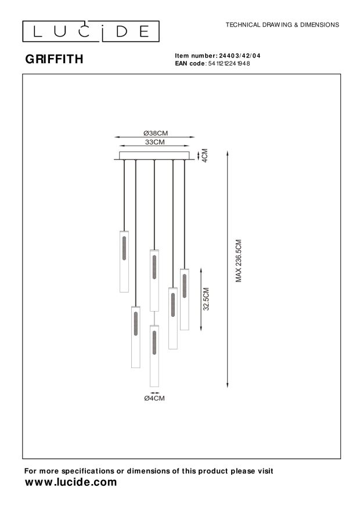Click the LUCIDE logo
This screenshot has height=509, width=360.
point(90,31)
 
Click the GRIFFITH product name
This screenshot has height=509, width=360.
point(53,59)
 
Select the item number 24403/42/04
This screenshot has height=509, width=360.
point(240,55)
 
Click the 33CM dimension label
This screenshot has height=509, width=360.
point(154,142)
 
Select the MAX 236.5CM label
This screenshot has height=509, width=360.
point(238,261)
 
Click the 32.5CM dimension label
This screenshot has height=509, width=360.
point(206,299)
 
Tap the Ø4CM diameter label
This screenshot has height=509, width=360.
point(154,399)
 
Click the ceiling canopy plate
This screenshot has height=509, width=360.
point(154,156)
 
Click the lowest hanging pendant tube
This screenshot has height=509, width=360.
point(154,355)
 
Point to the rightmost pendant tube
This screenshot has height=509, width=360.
point(185,299)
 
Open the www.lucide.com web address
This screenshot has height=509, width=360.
point(70,482)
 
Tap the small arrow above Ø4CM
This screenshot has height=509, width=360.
point(154,392)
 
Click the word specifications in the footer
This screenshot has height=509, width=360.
point(87,471)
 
